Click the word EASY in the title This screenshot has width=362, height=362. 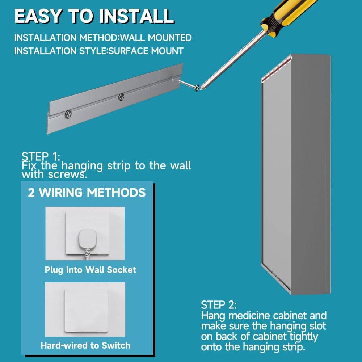(x=38, y=16)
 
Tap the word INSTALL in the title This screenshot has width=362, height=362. (x=136, y=16)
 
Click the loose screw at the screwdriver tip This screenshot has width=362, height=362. (x=189, y=85)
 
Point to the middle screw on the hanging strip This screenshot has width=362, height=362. (x=121, y=97)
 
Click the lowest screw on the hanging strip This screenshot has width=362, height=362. (x=68, y=114)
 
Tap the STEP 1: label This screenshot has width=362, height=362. (x=41, y=156)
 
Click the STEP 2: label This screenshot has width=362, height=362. (x=219, y=305)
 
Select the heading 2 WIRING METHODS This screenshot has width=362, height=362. (x=87, y=192)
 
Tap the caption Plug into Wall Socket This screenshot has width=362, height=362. (x=90, y=270)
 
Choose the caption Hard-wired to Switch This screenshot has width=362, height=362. (x=85, y=345)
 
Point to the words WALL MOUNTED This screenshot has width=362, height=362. (x=156, y=38)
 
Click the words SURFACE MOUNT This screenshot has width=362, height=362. (x=146, y=51)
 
